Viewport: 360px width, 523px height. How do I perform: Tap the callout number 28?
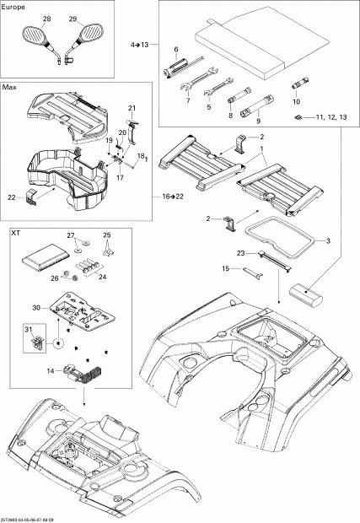coord(46,19)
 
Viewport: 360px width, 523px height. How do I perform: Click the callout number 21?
coord(132,109)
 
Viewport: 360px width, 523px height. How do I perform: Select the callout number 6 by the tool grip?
coord(175,51)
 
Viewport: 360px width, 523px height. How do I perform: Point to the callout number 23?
coord(240,252)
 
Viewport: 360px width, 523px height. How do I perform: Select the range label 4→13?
coord(139,43)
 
